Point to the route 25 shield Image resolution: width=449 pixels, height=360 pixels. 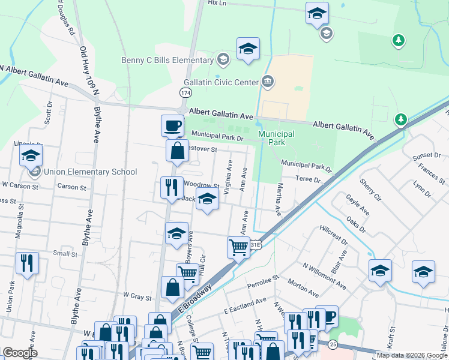[x=333, y=344]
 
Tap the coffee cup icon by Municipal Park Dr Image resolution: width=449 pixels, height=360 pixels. [x=172, y=125]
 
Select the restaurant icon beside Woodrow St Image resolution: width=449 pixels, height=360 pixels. [x=171, y=187]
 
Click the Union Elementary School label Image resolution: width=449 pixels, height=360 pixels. [x=91, y=172]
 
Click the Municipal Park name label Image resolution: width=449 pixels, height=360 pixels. [x=276, y=138]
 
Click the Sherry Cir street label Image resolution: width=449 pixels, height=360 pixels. [x=370, y=189]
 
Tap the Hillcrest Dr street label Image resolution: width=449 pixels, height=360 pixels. [x=333, y=236]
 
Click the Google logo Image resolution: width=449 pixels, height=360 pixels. [x=20, y=353]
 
